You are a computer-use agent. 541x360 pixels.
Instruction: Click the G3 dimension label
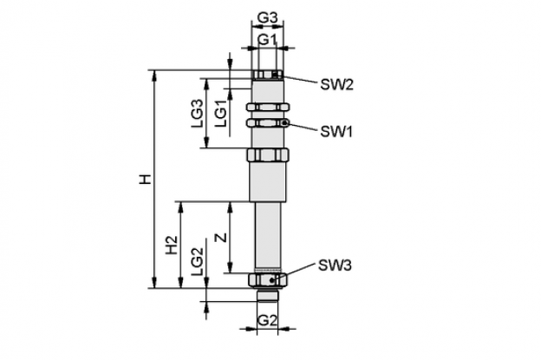click(268, 18)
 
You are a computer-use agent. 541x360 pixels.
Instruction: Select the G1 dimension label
click(267, 40)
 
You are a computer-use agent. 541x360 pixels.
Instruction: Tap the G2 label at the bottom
click(267, 321)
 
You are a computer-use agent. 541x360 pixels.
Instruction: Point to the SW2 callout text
click(336, 84)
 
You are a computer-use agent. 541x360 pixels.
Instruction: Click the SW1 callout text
click(336, 132)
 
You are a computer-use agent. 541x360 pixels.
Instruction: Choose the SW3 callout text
click(335, 265)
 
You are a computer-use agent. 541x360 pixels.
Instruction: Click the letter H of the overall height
click(146, 180)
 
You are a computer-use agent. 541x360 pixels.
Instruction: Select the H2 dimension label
click(172, 245)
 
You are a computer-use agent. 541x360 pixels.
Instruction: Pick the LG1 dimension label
click(221, 114)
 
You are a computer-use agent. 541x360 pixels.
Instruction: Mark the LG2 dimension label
click(198, 262)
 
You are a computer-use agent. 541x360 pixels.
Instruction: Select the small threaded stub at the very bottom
click(268, 294)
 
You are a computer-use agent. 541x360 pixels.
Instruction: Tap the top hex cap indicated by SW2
click(268, 75)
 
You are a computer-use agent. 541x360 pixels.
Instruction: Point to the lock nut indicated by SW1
click(268, 123)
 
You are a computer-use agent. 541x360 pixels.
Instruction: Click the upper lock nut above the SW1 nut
click(268, 107)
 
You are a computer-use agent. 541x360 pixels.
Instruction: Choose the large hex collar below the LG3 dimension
click(268, 154)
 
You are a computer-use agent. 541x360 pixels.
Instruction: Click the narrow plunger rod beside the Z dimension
click(268, 237)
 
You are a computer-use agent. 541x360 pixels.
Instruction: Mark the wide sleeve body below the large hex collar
click(268, 181)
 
